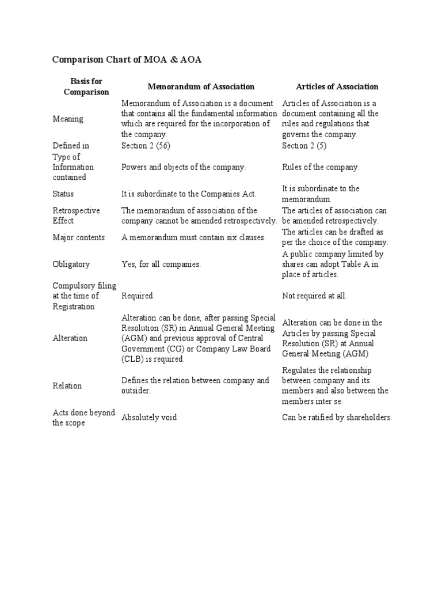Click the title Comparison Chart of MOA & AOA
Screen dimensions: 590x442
[x=127, y=60]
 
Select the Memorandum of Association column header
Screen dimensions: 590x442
[x=201, y=86]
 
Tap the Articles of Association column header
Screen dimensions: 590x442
[x=337, y=86]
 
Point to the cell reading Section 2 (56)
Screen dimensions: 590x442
[x=146, y=146]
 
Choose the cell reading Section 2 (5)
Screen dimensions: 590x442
[x=304, y=146]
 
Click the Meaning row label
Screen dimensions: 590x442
[x=68, y=119]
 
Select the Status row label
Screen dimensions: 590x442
[x=63, y=194]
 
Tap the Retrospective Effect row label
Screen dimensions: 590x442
[x=76, y=215]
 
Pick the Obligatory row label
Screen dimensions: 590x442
[x=71, y=264]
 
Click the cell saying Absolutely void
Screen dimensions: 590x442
[x=149, y=418]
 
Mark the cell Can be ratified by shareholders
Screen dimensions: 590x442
[x=337, y=418]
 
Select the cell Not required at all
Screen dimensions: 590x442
[x=314, y=296]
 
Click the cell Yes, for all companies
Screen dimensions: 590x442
[x=161, y=264]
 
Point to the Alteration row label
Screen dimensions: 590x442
[x=70, y=338]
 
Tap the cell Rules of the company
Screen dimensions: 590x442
[x=320, y=167]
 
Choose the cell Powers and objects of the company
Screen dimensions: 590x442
[x=184, y=167]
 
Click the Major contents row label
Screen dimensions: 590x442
[x=78, y=237]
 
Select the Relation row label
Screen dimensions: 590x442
[x=67, y=385]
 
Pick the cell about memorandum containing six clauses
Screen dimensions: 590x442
[x=193, y=237]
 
